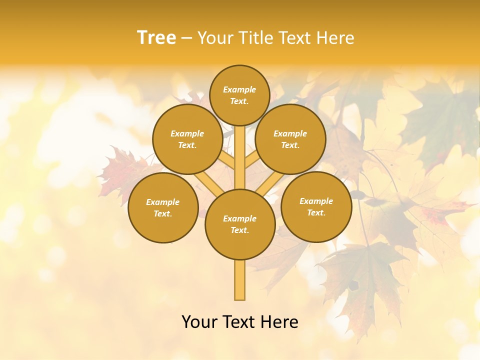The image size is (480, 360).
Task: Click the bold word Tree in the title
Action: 156,38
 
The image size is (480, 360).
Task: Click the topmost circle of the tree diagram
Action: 239,95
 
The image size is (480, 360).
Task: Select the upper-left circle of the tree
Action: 187,139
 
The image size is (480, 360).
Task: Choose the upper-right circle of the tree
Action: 290,139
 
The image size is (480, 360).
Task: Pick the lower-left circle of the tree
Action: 163,207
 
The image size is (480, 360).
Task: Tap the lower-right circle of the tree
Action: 316,206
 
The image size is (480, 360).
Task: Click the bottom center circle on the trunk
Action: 240,224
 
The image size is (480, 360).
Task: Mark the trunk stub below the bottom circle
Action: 240,280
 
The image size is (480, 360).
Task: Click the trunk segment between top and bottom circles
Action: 240,157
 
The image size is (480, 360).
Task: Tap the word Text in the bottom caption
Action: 239,322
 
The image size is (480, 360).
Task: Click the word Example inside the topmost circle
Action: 239,90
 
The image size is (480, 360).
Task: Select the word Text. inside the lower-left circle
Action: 162,214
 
